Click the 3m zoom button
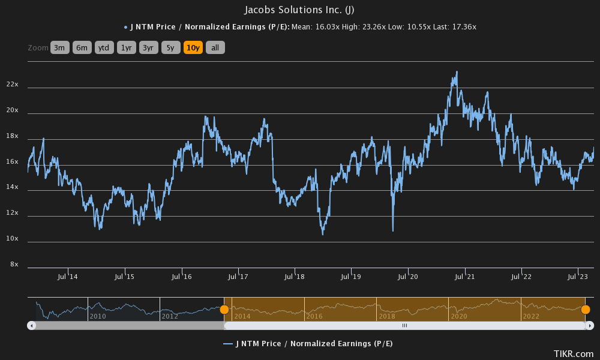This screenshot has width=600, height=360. pos(60,48)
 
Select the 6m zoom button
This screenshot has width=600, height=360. pos(82,48)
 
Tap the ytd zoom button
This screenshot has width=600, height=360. pos(104,48)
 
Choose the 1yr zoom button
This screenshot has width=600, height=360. pos(127,48)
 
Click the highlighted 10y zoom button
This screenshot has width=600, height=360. pos(193,48)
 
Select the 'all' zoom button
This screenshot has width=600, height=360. pos(215,48)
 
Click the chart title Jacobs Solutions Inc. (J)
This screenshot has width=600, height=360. pos(299,10)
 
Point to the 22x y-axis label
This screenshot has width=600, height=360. pos(13,85)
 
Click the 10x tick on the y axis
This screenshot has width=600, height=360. pos(13,239)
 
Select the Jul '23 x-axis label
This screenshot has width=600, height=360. pos(578,277)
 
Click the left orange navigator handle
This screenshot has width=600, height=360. pos(224,310)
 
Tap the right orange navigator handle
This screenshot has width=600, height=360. pos(586,310)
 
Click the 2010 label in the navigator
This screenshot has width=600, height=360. pos(98,316)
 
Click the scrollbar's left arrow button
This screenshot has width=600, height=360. pos(32,325)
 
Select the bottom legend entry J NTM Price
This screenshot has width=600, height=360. pos(307,344)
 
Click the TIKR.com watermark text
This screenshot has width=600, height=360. pos(574,354)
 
